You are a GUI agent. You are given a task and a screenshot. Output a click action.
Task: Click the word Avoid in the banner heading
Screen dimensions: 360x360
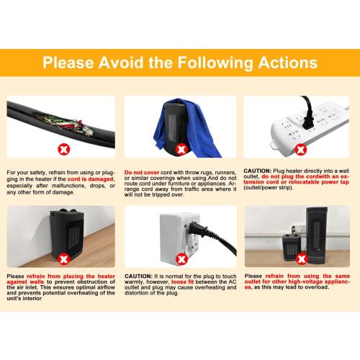(x=121, y=63)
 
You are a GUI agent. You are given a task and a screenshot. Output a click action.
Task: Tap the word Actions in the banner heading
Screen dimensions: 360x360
(x=288, y=63)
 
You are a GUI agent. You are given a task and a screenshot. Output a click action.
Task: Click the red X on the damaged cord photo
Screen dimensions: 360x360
(x=64, y=150)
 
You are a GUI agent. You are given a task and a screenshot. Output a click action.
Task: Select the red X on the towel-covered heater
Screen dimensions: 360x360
(x=181, y=150)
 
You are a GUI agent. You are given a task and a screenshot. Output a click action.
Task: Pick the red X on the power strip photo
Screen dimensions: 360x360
(x=300, y=150)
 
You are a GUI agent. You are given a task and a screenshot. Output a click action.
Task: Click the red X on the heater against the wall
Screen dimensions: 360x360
(x=64, y=259)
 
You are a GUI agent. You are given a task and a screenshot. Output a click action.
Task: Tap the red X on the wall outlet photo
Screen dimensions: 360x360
(x=181, y=259)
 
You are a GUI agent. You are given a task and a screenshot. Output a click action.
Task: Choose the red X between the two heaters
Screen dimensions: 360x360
(x=302, y=259)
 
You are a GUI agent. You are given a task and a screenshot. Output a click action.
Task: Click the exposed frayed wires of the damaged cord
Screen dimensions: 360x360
(x=65, y=125)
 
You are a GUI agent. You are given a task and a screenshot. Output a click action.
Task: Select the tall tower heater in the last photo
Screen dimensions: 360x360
(x=316, y=235)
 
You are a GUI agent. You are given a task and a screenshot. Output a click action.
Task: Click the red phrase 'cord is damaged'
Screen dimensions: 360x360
(x=90, y=179)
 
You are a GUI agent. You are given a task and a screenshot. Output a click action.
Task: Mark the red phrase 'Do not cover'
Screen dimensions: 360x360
(x=142, y=172)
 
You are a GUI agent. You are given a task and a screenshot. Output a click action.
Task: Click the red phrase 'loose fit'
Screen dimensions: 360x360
(x=182, y=282)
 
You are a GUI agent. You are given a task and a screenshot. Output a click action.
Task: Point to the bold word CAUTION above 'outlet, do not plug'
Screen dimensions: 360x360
(x=257, y=171)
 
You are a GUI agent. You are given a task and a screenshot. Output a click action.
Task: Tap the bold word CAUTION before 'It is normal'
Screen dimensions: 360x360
(x=138, y=276)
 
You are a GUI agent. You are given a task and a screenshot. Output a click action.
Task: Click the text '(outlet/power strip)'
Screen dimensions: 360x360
(x=269, y=187)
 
